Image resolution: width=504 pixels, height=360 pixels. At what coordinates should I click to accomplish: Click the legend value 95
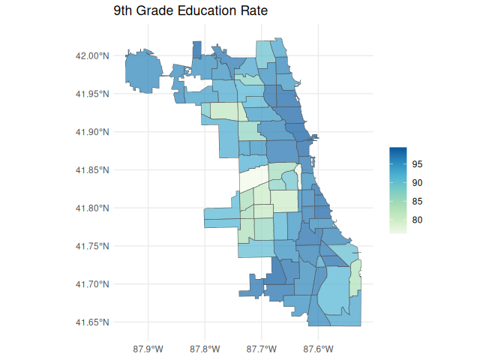coord(418,164)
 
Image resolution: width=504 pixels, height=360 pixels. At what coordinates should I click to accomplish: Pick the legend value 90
coord(418,183)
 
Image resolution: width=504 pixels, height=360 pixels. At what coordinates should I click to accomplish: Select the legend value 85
coord(418,202)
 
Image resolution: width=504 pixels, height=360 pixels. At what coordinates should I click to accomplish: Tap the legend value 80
coord(418,220)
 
